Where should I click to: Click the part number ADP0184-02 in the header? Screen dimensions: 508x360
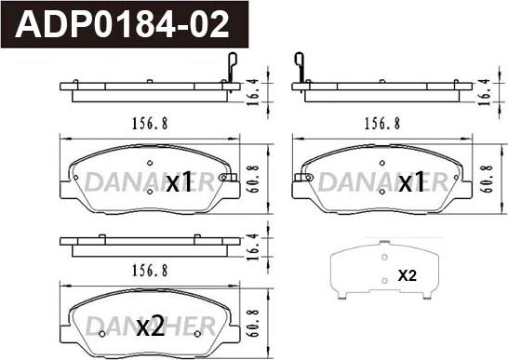tap(122, 24)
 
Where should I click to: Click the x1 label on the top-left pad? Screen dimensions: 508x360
tap(179, 182)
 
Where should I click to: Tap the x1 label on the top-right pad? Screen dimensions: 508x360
tap(411, 182)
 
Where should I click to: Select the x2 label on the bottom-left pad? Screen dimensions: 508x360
tap(150, 327)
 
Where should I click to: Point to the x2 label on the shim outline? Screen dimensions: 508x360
tap(408, 275)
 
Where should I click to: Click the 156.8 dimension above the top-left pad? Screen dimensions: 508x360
tap(150, 124)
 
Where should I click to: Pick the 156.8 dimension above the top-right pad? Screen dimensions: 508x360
tap(382, 124)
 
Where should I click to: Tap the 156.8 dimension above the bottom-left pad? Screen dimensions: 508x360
tap(150, 271)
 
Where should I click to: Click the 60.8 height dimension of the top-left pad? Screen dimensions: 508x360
tap(253, 180)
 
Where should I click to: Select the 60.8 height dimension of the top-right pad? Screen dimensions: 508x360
tap(487, 180)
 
